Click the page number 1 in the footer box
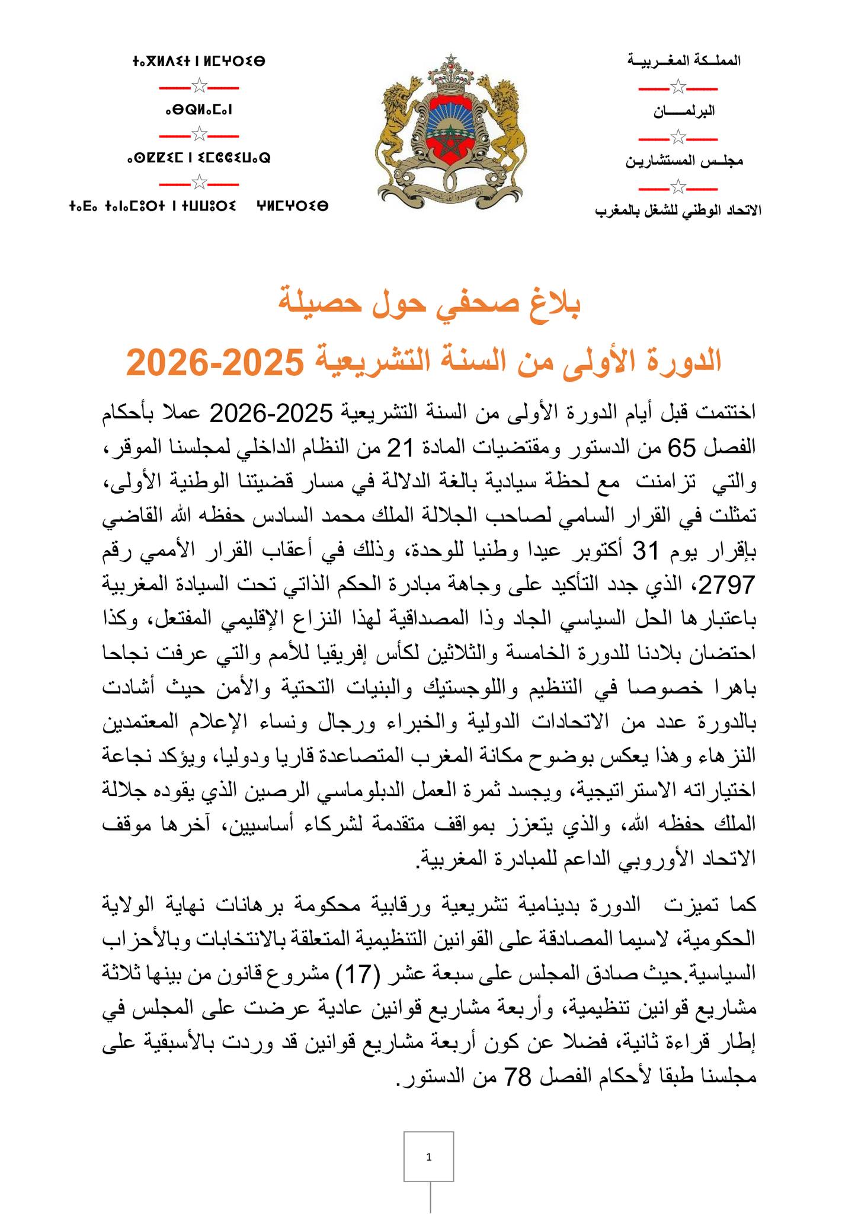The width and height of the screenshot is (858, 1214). tap(428, 1157)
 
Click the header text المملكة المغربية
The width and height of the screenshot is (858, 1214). tap(683, 61)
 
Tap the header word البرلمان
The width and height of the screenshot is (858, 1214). tap(684, 111)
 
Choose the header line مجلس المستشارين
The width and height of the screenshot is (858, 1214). tap(684, 161)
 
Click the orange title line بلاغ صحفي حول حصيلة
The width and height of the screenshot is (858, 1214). tap(429, 303)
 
